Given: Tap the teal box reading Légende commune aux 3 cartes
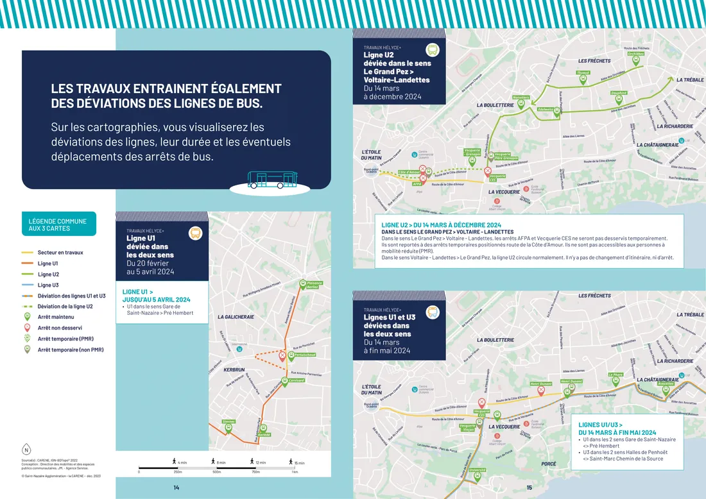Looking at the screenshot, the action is click(x=58, y=224).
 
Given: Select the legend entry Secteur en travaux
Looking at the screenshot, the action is click(x=60, y=253).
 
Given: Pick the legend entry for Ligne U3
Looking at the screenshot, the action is click(x=48, y=285).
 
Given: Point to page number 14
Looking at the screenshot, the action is click(x=176, y=488).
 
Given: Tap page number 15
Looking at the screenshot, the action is click(x=529, y=488).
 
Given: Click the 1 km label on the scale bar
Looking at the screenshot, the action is click(x=294, y=472).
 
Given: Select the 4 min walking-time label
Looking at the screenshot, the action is click(x=182, y=462).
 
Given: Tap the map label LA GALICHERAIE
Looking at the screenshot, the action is click(x=236, y=317).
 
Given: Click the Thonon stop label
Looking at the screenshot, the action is click(x=583, y=73).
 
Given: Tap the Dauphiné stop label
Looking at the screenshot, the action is click(x=619, y=93).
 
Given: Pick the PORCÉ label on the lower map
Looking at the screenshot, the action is click(x=548, y=464).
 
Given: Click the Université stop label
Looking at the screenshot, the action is click(x=478, y=469).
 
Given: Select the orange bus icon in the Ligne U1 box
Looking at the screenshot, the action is click(x=195, y=233).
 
